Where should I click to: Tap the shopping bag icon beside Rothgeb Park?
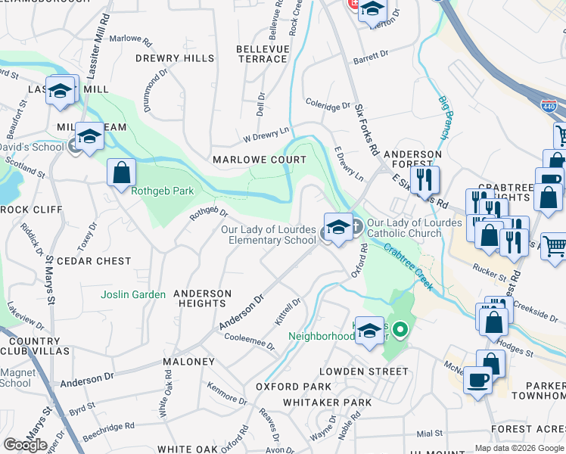[121, 173]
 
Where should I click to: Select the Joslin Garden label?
[133, 294]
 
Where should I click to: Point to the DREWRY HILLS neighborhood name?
[175, 58]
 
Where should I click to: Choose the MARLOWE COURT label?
[260, 160]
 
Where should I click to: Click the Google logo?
[26, 444]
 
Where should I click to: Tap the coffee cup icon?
[477, 380]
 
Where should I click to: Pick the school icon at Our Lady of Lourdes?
[337, 228]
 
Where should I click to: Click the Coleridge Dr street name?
[328, 105]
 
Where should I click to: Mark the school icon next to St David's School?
[89, 137]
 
